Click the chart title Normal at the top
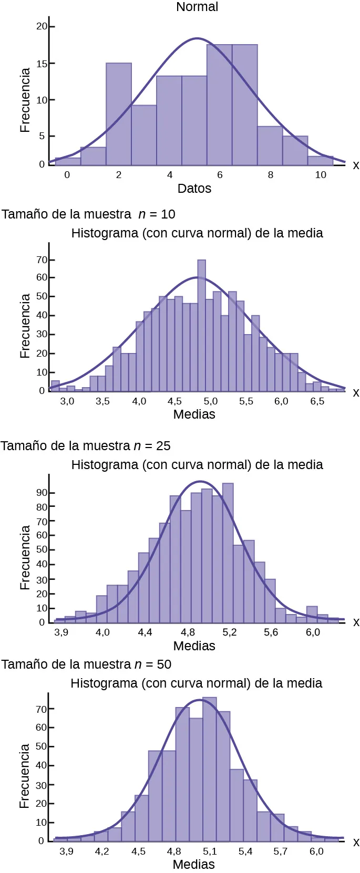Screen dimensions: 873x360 click(x=197, y=7)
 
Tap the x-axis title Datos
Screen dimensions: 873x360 click(x=194, y=189)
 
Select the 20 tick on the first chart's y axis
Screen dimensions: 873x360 click(x=42, y=26)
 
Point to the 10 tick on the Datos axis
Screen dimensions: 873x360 click(x=321, y=175)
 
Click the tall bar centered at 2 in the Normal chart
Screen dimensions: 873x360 click(x=119, y=114)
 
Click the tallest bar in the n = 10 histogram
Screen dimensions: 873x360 click(x=201, y=326)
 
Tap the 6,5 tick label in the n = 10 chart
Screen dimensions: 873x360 click(x=317, y=401)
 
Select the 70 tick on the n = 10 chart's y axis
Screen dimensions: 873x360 click(x=42, y=260)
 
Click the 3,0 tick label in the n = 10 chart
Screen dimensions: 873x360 click(x=67, y=401)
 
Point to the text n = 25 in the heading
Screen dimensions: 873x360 click(x=152, y=446)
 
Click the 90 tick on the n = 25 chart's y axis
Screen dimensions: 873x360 click(x=42, y=493)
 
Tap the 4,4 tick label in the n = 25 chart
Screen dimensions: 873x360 click(x=145, y=632)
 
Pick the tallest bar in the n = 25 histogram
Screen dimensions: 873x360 click(x=228, y=553)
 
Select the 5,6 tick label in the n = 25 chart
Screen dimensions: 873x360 click(x=271, y=632)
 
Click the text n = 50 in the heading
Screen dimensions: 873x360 click(x=153, y=664)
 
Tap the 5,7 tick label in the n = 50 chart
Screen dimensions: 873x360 click(x=281, y=851)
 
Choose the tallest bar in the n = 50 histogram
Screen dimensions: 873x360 click(x=209, y=769)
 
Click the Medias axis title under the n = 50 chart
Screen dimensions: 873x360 click(x=194, y=865)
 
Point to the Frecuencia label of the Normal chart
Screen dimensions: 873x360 click(x=25, y=100)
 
